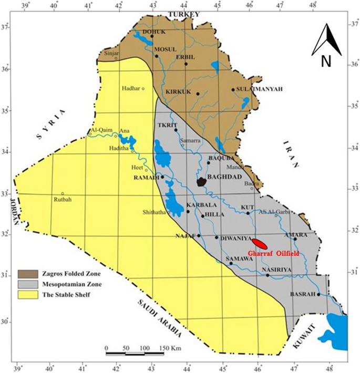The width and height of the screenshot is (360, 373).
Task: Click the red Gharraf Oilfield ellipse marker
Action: (260, 244)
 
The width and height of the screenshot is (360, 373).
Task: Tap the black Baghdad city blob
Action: (201, 182)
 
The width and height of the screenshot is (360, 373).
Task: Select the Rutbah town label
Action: (63, 199)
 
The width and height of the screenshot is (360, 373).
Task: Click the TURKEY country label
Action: (181, 13)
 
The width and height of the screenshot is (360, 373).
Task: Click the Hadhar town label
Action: (131, 88)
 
